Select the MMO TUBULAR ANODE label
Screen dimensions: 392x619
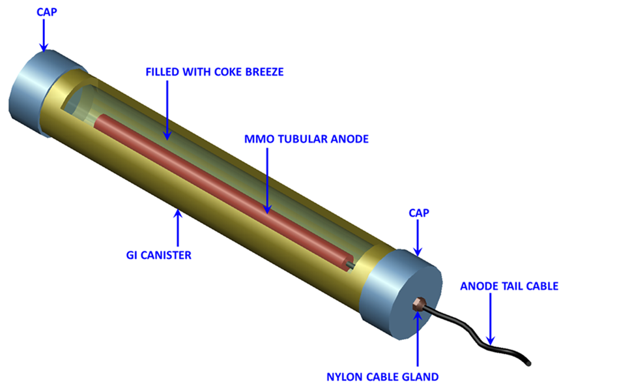point(306,139)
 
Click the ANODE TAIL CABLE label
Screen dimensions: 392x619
point(510,286)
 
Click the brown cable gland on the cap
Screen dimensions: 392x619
point(418,303)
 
